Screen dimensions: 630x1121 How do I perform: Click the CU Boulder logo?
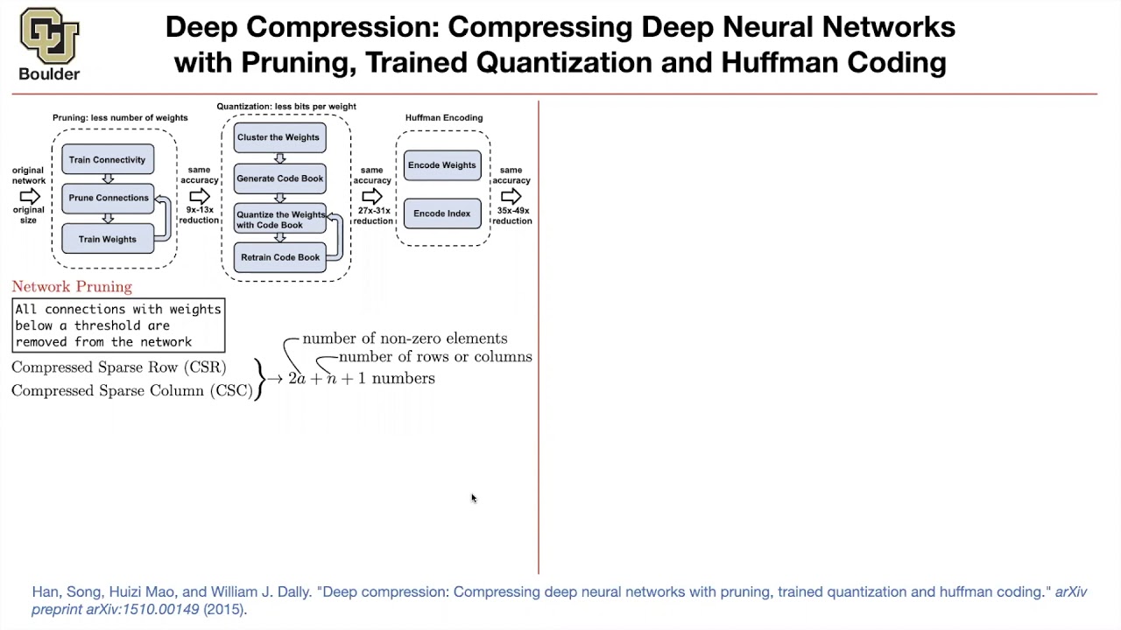(49, 44)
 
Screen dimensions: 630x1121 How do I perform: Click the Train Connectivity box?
(108, 159)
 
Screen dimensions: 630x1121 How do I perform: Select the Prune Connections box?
(108, 198)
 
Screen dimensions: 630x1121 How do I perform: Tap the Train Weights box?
(108, 239)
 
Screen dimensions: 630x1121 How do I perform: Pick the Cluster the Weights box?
(279, 137)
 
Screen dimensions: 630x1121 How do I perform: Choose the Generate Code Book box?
(279, 178)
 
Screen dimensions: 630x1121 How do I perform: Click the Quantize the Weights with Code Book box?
(279, 220)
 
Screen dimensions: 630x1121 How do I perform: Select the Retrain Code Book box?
(279, 257)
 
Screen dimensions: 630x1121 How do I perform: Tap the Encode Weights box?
(442, 165)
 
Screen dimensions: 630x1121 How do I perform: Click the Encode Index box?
(442, 213)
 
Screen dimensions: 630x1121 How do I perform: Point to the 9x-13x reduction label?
(200, 215)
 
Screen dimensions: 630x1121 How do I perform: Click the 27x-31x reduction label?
(372, 215)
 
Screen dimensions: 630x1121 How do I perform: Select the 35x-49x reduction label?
(511, 215)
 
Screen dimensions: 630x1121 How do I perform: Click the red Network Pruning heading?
(72, 287)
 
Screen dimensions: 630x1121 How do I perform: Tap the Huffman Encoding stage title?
(444, 117)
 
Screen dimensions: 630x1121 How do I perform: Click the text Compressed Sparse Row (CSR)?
(118, 367)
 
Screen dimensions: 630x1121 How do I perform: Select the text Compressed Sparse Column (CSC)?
(131, 391)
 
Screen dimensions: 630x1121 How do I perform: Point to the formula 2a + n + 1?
(327, 379)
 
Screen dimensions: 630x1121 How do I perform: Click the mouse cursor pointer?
(473, 498)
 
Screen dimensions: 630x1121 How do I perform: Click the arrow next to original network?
(29, 196)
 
